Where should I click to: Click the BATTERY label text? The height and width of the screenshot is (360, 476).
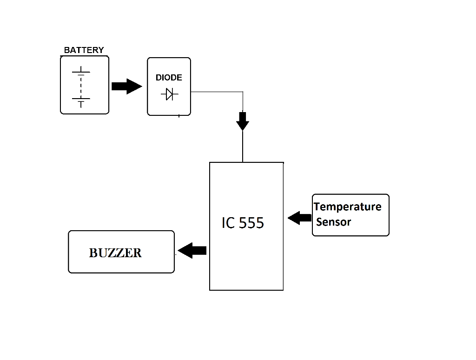[84, 50]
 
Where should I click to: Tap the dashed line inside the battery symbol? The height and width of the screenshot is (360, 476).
[81, 86]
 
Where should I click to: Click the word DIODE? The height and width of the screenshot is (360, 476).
[169, 78]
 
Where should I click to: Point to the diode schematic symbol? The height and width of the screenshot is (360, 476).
[169, 95]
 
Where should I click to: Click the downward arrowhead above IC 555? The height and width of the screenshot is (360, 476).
[243, 122]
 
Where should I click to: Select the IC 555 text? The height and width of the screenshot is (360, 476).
[243, 223]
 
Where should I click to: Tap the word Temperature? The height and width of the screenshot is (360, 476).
[348, 207]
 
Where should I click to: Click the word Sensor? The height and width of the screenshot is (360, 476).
[334, 222]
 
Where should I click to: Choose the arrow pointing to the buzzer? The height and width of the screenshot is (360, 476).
[192, 251]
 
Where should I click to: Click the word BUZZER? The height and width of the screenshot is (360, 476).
[115, 253]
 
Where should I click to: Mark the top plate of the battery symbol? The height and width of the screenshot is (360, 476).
[81, 72]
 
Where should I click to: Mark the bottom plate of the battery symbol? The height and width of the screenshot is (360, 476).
[81, 100]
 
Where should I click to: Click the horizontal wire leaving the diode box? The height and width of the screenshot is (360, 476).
[216, 92]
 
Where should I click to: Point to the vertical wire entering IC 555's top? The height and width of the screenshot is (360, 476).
[243, 147]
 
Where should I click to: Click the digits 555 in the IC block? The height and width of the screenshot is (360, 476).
[251, 223]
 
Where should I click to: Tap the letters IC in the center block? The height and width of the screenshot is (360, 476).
[228, 223]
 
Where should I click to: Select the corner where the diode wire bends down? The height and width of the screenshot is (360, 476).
[243, 92]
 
